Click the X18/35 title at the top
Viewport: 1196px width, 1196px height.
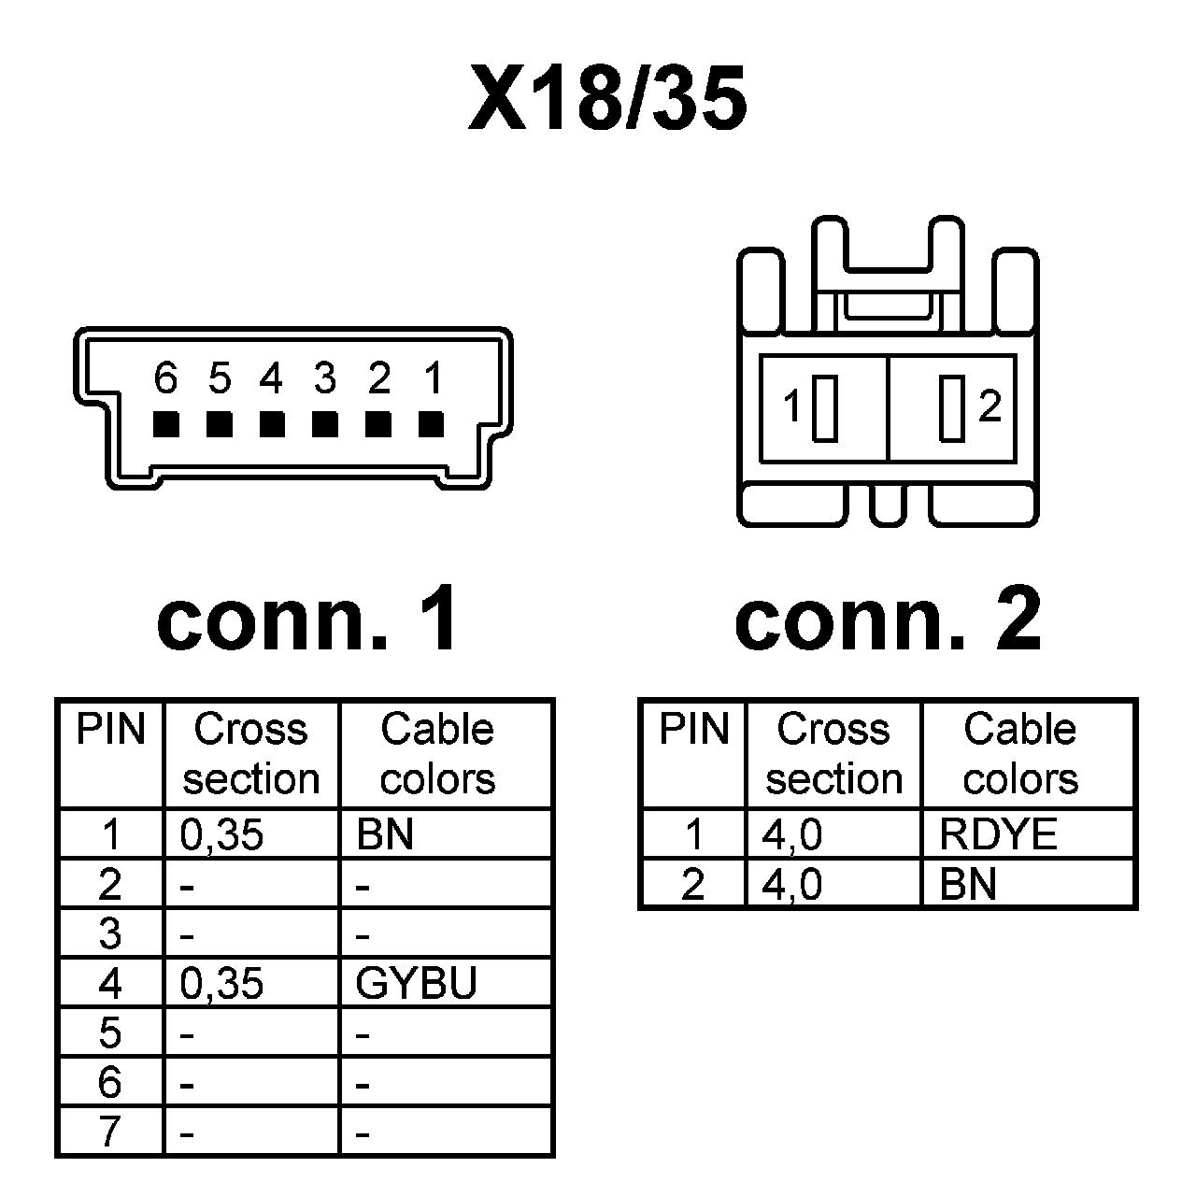(607, 98)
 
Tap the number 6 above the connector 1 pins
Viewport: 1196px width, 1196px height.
(165, 378)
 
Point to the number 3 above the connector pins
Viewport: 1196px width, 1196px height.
(324, 378)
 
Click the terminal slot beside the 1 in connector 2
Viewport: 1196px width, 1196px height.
(824, 407)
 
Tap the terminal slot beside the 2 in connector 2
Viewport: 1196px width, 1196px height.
(951, 407)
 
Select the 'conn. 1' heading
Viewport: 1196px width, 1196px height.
(308, 619)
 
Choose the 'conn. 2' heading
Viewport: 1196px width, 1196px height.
(888, 619)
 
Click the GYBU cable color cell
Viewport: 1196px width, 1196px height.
(417, 983)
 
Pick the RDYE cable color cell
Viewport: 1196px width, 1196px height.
(998, 834)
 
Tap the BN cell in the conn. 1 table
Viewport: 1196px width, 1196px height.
(385, 834)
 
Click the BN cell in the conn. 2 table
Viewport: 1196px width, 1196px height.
(969, 884)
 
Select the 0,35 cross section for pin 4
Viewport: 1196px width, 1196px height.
(221, 983)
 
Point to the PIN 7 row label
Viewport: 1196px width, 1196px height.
(110, 1132)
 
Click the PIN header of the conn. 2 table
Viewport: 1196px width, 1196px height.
(693, 730)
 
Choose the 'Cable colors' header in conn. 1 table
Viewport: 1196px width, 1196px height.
(437, 753)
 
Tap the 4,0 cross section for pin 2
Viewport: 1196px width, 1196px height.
(792, 884)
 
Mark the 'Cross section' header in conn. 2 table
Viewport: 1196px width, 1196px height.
(833, 753)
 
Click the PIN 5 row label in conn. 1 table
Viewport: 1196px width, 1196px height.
(110, 1032)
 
